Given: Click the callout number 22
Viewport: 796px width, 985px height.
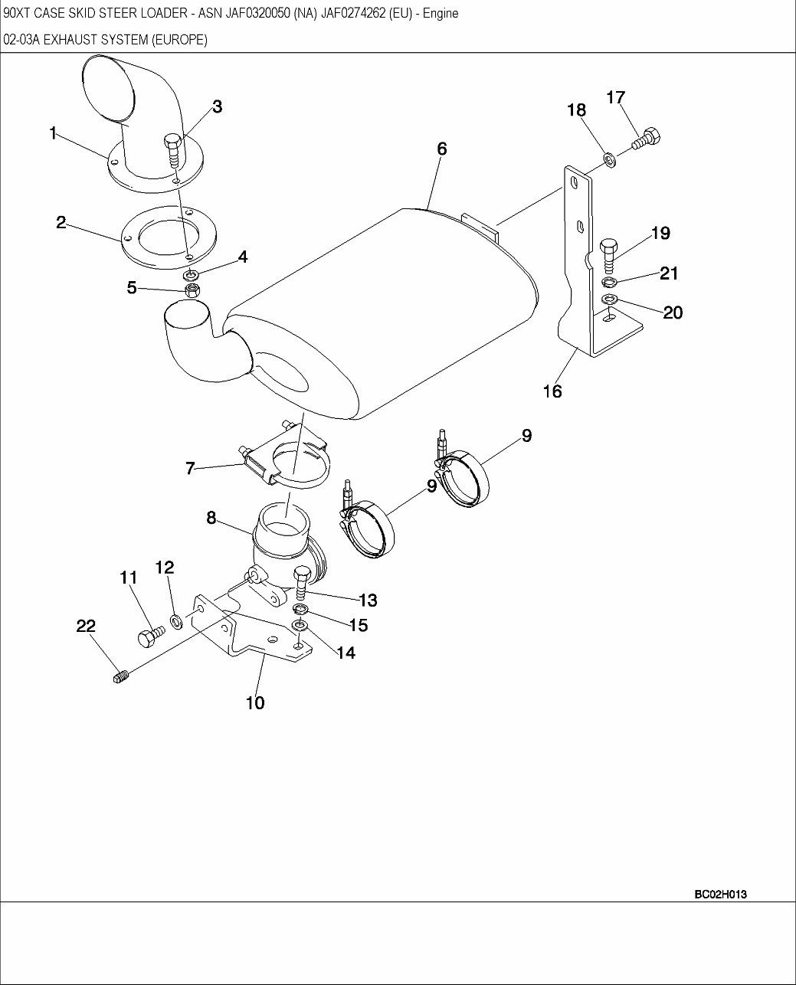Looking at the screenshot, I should (x=86, y=626).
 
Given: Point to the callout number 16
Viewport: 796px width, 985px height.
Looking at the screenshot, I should (x=552, y=391).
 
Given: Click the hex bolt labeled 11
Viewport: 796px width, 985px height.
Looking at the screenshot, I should (x=150, y=635).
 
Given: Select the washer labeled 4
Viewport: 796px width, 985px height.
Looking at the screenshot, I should (x=192, y=273).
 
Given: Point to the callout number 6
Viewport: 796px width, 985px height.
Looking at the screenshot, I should (x=442, y=149).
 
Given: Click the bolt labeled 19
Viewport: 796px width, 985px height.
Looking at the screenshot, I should (x=609, y=254).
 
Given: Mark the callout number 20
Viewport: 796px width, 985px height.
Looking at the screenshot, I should (x=673, y=313).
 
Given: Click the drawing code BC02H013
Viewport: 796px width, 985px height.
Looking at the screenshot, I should (x=720, y=894).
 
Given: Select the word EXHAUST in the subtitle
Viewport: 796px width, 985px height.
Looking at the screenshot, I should (x=67, y=40).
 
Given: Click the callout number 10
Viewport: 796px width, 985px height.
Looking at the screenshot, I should (x=255, y=702).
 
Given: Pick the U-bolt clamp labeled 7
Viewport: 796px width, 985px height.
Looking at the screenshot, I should (x=287, y=459).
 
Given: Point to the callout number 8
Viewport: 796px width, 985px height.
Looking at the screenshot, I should (x=211, y=517).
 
